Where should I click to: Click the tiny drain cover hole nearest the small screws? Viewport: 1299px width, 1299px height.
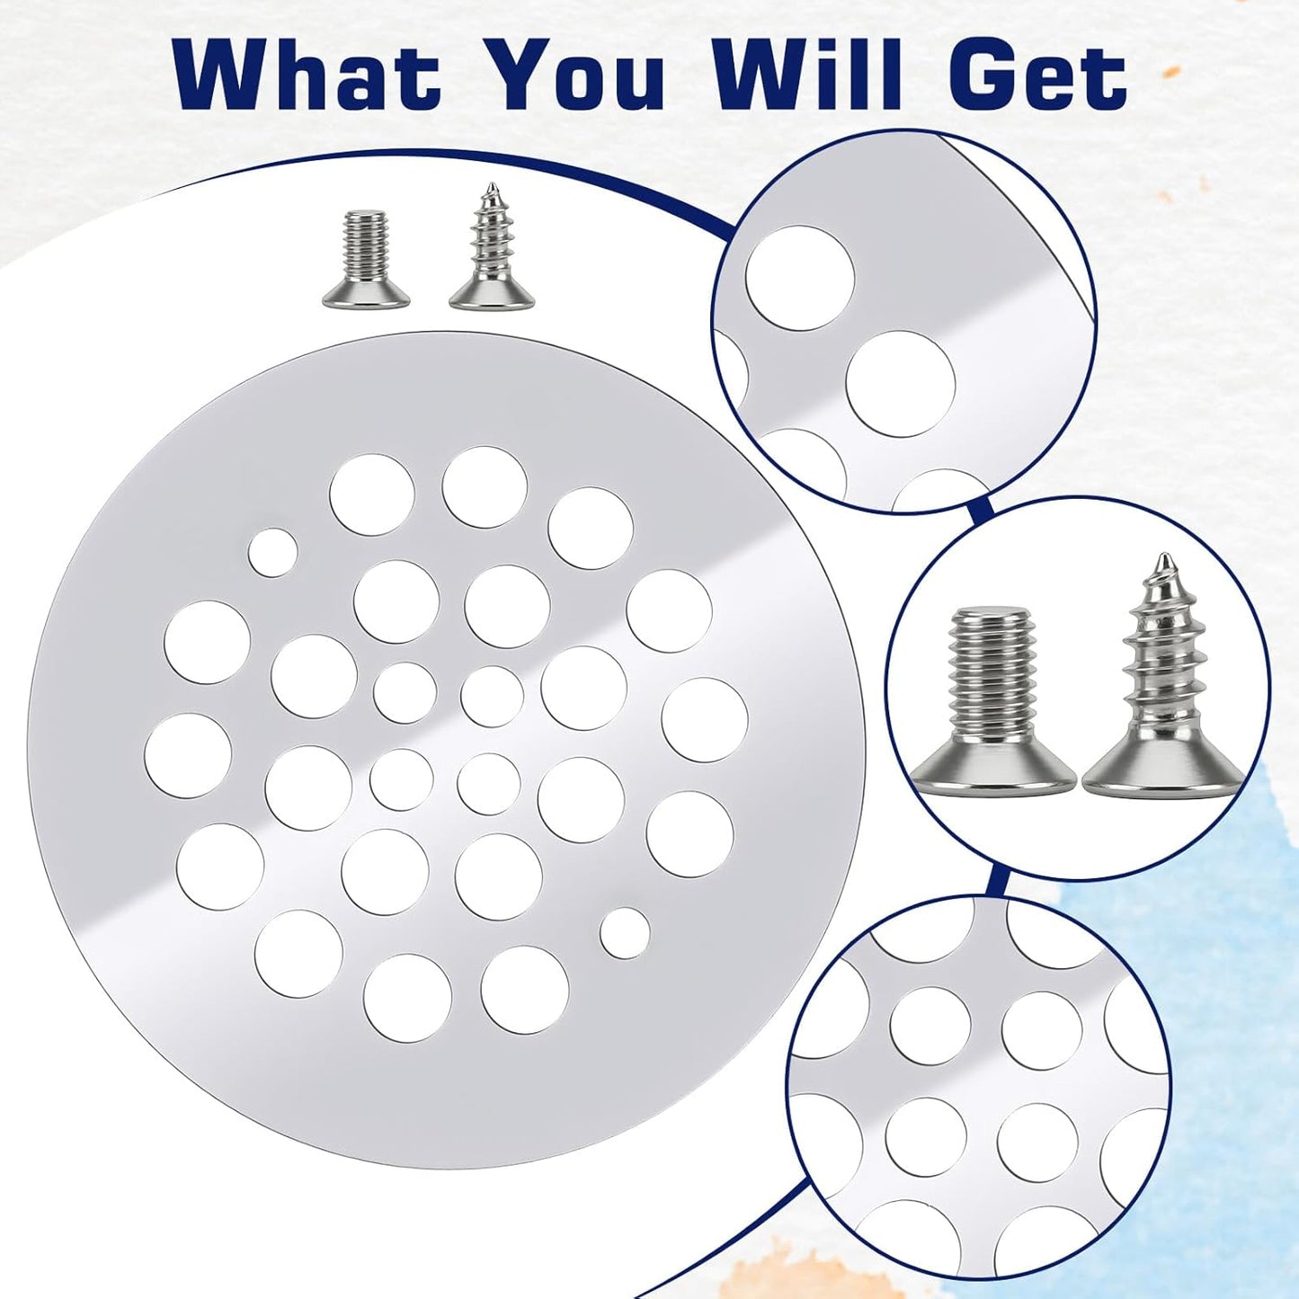[272, 552]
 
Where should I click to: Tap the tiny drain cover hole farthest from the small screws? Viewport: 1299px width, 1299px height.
[625, 933]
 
